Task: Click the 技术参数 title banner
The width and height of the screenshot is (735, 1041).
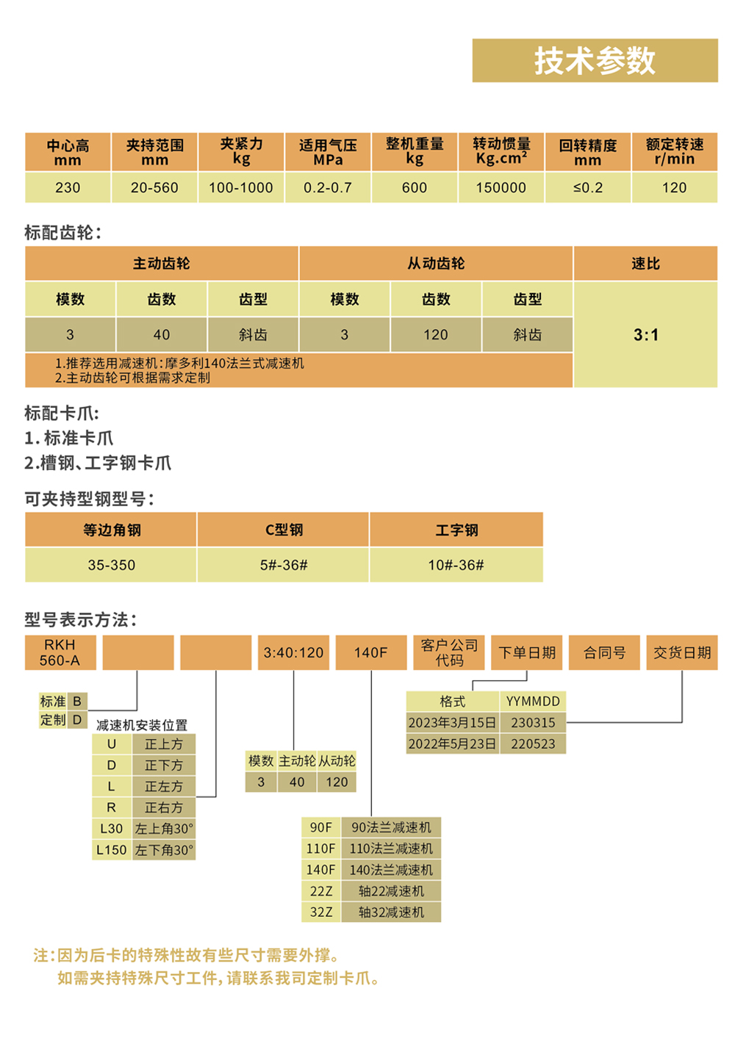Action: pyautogui.click(x=595, y=60)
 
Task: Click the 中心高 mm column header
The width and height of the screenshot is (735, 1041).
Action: pyautogui.click(x=68, y=152)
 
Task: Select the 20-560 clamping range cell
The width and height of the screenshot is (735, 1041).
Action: pyautogui.click(x=154, y=187)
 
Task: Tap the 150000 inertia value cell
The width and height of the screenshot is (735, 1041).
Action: pyautogui.click(x=501, y=187)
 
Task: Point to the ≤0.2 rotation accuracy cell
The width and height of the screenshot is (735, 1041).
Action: pyautogui.click(x=587, y=187)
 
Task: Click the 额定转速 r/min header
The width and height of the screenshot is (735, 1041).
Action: pyautogui.click(x=674, y=152)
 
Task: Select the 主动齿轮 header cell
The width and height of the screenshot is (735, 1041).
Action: pyautogui.click(x=161, y=264)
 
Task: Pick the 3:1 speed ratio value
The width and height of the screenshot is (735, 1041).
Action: pyautogui.click(x=646, y=334)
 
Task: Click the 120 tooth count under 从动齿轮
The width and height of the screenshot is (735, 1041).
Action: pyautogui.click(x=436, y=334)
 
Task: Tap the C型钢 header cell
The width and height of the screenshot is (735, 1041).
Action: pyautogui.click(x=284, y=530)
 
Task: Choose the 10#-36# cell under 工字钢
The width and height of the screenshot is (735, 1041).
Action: pyautogui.click(x=456, y=565)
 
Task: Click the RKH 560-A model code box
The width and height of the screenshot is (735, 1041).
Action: pyautogui.click(x=60, y=652)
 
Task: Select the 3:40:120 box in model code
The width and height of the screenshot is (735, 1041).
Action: pyautogui.click(x=293, y=652)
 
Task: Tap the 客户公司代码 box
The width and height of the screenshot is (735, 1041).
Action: pyautogui.click(x=449, y=652)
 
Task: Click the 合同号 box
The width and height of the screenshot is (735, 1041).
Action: pyautogui.click(x=604, y=652)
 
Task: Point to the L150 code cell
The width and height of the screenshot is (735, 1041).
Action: pyautogui.click(x=112, y=850)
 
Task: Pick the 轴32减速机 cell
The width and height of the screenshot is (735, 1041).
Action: pyautogui.click(x=391, y=912)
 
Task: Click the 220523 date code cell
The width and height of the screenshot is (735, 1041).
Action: pyautogui.click(x=533, y=744)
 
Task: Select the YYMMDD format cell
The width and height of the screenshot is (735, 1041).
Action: pyautogui.click(x=533, y=702)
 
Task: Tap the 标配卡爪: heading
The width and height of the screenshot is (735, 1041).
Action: pyautogui.click(x=62, y=413)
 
